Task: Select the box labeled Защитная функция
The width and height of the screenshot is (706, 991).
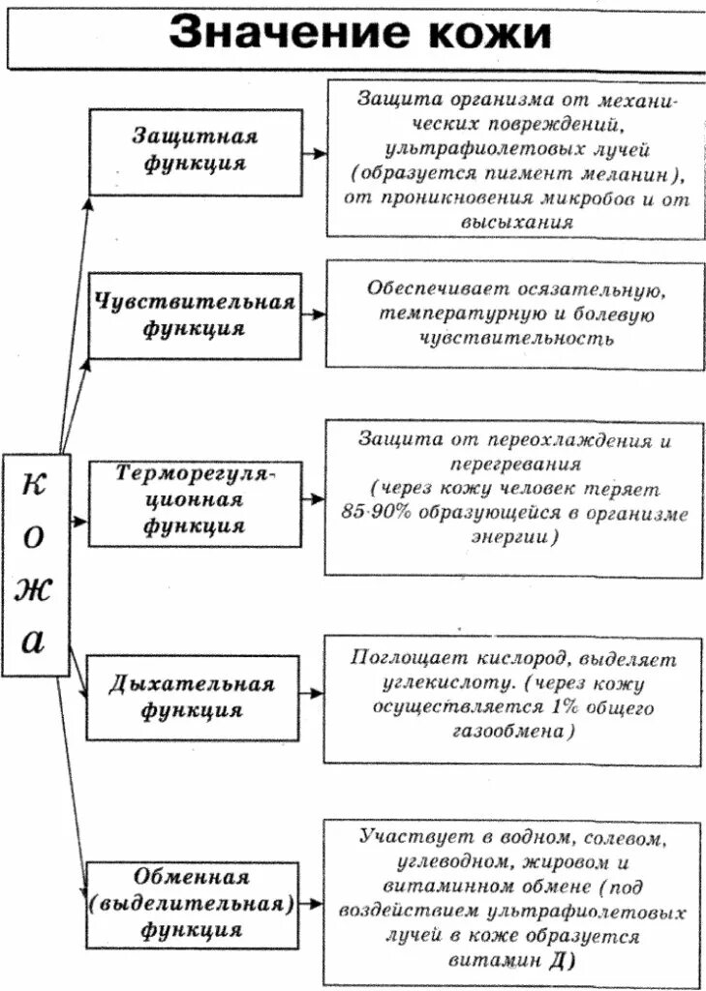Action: pos(195,151)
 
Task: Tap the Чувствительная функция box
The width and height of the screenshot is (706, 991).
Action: pos(195,315)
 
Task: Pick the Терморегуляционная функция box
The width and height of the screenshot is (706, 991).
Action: pos(195,500)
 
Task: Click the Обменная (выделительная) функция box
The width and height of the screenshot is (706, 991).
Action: pos(191,904)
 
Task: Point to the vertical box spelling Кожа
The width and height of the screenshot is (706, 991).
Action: pos(35,564)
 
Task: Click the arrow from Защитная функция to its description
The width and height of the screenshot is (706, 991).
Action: pos(314,153)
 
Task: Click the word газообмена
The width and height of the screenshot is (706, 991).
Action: pos(511,733)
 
